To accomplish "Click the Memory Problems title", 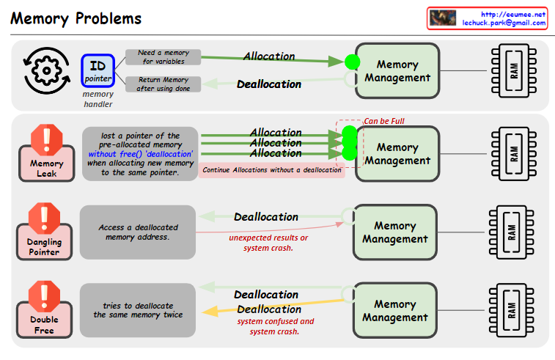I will pyautogui.click(x=76, y=18).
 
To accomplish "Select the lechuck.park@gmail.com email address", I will pyautogui.click(x=504, y=23).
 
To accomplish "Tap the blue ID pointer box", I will pyautogui.click(x=98, y=71).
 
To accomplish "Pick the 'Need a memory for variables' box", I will pyautogui.click(x=163, y=56).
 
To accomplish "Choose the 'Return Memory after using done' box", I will pyautogui.click(x=163, y=84).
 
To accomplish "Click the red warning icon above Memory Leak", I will pyautogui.click(x=47, y=137).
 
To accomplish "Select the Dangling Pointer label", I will pyautogui.click(x=45, y=247).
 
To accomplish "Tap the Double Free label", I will pyautogui.click(x=45, y=325).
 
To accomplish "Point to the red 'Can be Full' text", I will pyautogui.click(x=383, y=122).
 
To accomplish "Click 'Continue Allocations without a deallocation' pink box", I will pyautogui.click(x=272, y=170).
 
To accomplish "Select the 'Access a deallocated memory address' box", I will pyautogui.click(x=138, y=232).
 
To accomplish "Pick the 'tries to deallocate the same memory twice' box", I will pyautogui.click(x=138, y=310).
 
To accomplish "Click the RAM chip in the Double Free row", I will pyautogui.click(x=512, y=309).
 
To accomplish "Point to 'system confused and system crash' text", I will pyautogui.click(x=275, y=326).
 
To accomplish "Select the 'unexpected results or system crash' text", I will pyautogui.click(x=268, y=243).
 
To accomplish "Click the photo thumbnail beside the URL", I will pyautogui.click(x=443, y=18).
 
